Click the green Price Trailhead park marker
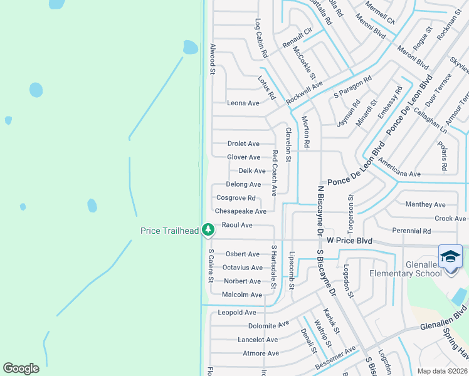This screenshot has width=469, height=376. point(208,231)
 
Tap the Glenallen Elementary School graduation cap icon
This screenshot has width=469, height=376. point(450,257)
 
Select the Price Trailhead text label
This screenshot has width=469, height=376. point(168,231)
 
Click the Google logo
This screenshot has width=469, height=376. point(21,368)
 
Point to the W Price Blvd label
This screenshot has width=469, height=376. point(350,241)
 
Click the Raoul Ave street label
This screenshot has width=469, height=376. point(237,225)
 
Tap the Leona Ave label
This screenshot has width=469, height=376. point(243,103)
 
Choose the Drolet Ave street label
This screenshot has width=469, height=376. point(243,144)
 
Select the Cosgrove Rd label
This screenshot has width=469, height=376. point(236,198)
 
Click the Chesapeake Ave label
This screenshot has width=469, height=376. point(241,211)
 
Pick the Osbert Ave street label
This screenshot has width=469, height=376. point(243,254)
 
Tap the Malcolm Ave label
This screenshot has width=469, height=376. point(243,295)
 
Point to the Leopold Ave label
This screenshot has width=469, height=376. point(237,312)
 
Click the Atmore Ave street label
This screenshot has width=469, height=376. point(261,353)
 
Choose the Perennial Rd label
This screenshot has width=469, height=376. point(411,231)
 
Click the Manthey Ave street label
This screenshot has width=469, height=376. point(425,204)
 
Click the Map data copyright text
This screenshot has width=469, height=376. point(443,371)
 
